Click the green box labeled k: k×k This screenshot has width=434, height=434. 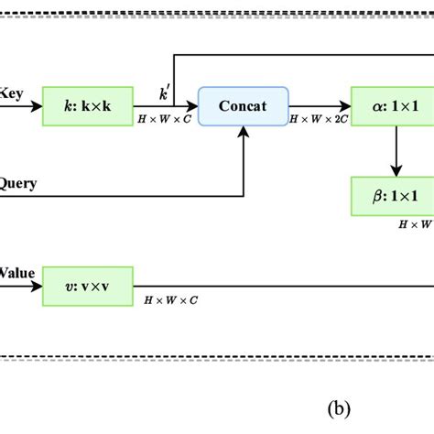tap(87, 106)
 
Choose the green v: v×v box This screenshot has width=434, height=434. tap(87, 286)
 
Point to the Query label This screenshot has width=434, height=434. tap(18, 183)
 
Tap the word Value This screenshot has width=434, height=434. tap(16, 272)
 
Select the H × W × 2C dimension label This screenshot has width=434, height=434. tap(318, 120)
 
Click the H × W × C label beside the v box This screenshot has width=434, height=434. tap(171, 300)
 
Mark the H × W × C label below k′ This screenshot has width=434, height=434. tap(165, 120)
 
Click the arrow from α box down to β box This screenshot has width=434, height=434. tap(396, 151)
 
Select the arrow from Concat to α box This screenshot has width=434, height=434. tap(320, 106)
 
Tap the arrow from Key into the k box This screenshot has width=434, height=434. tap(23, 106)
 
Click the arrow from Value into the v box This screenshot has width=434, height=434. tap(23, 286)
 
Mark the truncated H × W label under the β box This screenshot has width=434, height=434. tap(414, 222)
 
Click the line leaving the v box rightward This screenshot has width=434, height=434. tap(275, 286)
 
